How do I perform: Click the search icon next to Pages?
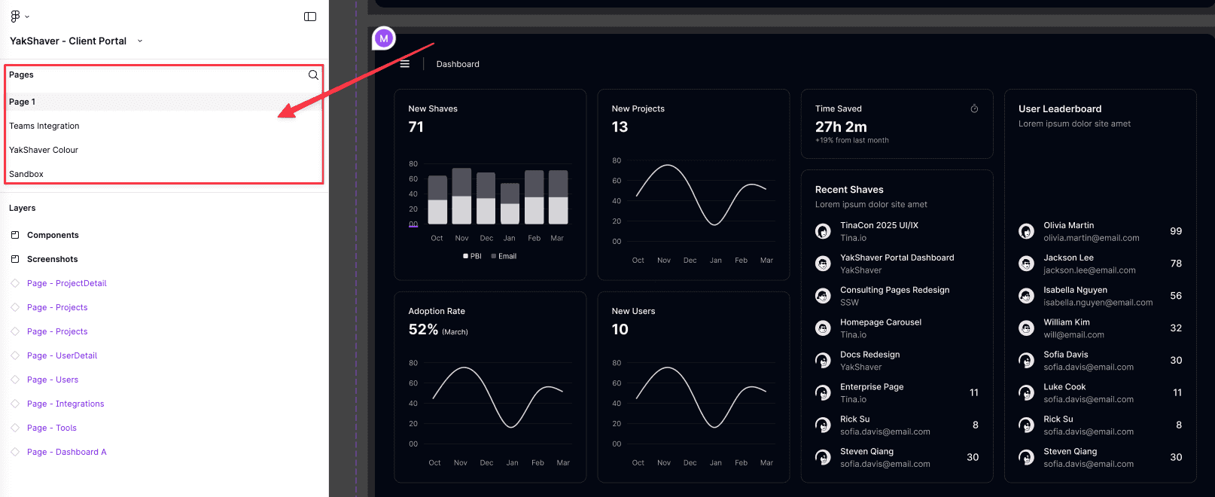coord(313,75)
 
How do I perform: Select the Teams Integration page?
coord(44,126)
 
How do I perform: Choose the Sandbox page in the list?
coord(26,174)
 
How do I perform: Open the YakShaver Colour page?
coord(44,150)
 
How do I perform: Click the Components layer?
coord(53,235)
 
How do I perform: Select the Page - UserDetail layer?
coord(62,355)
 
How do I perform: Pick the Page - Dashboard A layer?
coord(66,452)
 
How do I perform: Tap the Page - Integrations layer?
coord(65,404)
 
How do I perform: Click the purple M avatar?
coord(384,38)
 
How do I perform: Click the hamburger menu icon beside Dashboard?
coord(405,64)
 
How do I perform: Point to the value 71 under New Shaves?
coord(416,127)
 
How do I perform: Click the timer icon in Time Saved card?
coord(974,109)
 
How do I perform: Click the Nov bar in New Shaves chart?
coord(461,196)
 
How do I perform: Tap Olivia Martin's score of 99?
coord(1176,231)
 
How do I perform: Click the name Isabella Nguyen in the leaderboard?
coord(1075,290)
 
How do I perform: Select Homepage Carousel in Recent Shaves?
coord(881,322)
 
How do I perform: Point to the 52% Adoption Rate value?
coord(423,330)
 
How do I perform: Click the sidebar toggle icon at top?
coord(310,17)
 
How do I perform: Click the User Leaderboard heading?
coord(1060,109)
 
